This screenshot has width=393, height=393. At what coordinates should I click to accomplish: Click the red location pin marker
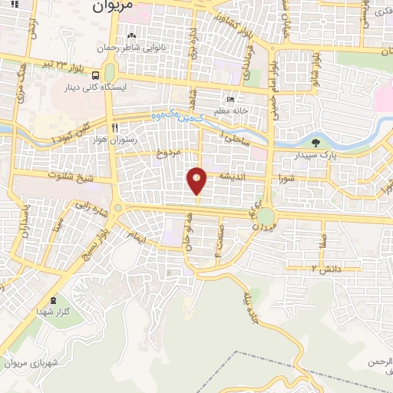click(197, 181)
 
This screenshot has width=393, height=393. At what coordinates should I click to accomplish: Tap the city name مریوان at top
click(112, 5)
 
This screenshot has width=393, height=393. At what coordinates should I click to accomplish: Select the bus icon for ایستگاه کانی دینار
click(95, 76)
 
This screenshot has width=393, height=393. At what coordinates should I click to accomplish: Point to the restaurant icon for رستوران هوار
click(114, 127)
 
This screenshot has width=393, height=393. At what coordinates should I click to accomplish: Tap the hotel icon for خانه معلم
click(230, 99)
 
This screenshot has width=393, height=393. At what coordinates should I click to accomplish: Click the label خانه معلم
click(231, 112)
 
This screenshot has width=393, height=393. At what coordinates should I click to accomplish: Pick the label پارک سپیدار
click(316, 155)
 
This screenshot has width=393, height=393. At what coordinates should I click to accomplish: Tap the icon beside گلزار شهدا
click(52, 299)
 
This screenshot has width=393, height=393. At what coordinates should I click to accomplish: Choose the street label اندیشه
click(233, 176)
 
